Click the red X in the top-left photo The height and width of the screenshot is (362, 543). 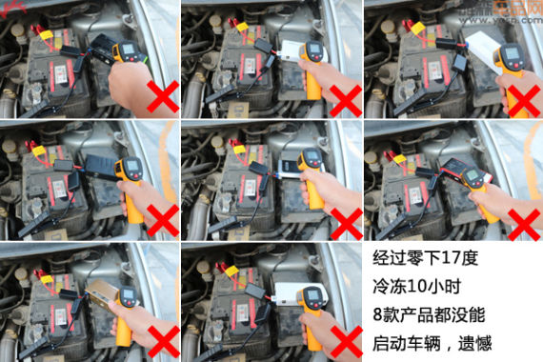[x=162, y=98]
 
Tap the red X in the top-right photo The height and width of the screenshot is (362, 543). [x=523, y=98]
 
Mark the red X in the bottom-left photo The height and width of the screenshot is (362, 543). [x=162, y=338]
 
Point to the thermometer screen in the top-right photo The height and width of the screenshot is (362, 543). [x=512, y=52]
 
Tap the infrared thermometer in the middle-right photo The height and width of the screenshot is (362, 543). [x=476, y=183]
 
